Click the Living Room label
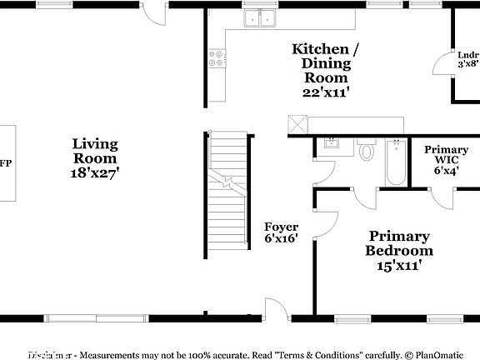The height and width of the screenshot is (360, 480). point(95,151)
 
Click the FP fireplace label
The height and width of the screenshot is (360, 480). point(5,163)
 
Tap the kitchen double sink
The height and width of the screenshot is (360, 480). point(261,18)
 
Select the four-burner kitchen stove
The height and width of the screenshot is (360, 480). point(216,58)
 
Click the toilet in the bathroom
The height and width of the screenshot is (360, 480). point(367,152)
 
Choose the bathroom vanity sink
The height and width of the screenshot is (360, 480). point(331,145)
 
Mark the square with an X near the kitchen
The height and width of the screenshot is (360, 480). point(298,125)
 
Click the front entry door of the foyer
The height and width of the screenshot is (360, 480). point(274,308)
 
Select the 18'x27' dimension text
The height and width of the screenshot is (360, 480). point(95,173)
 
